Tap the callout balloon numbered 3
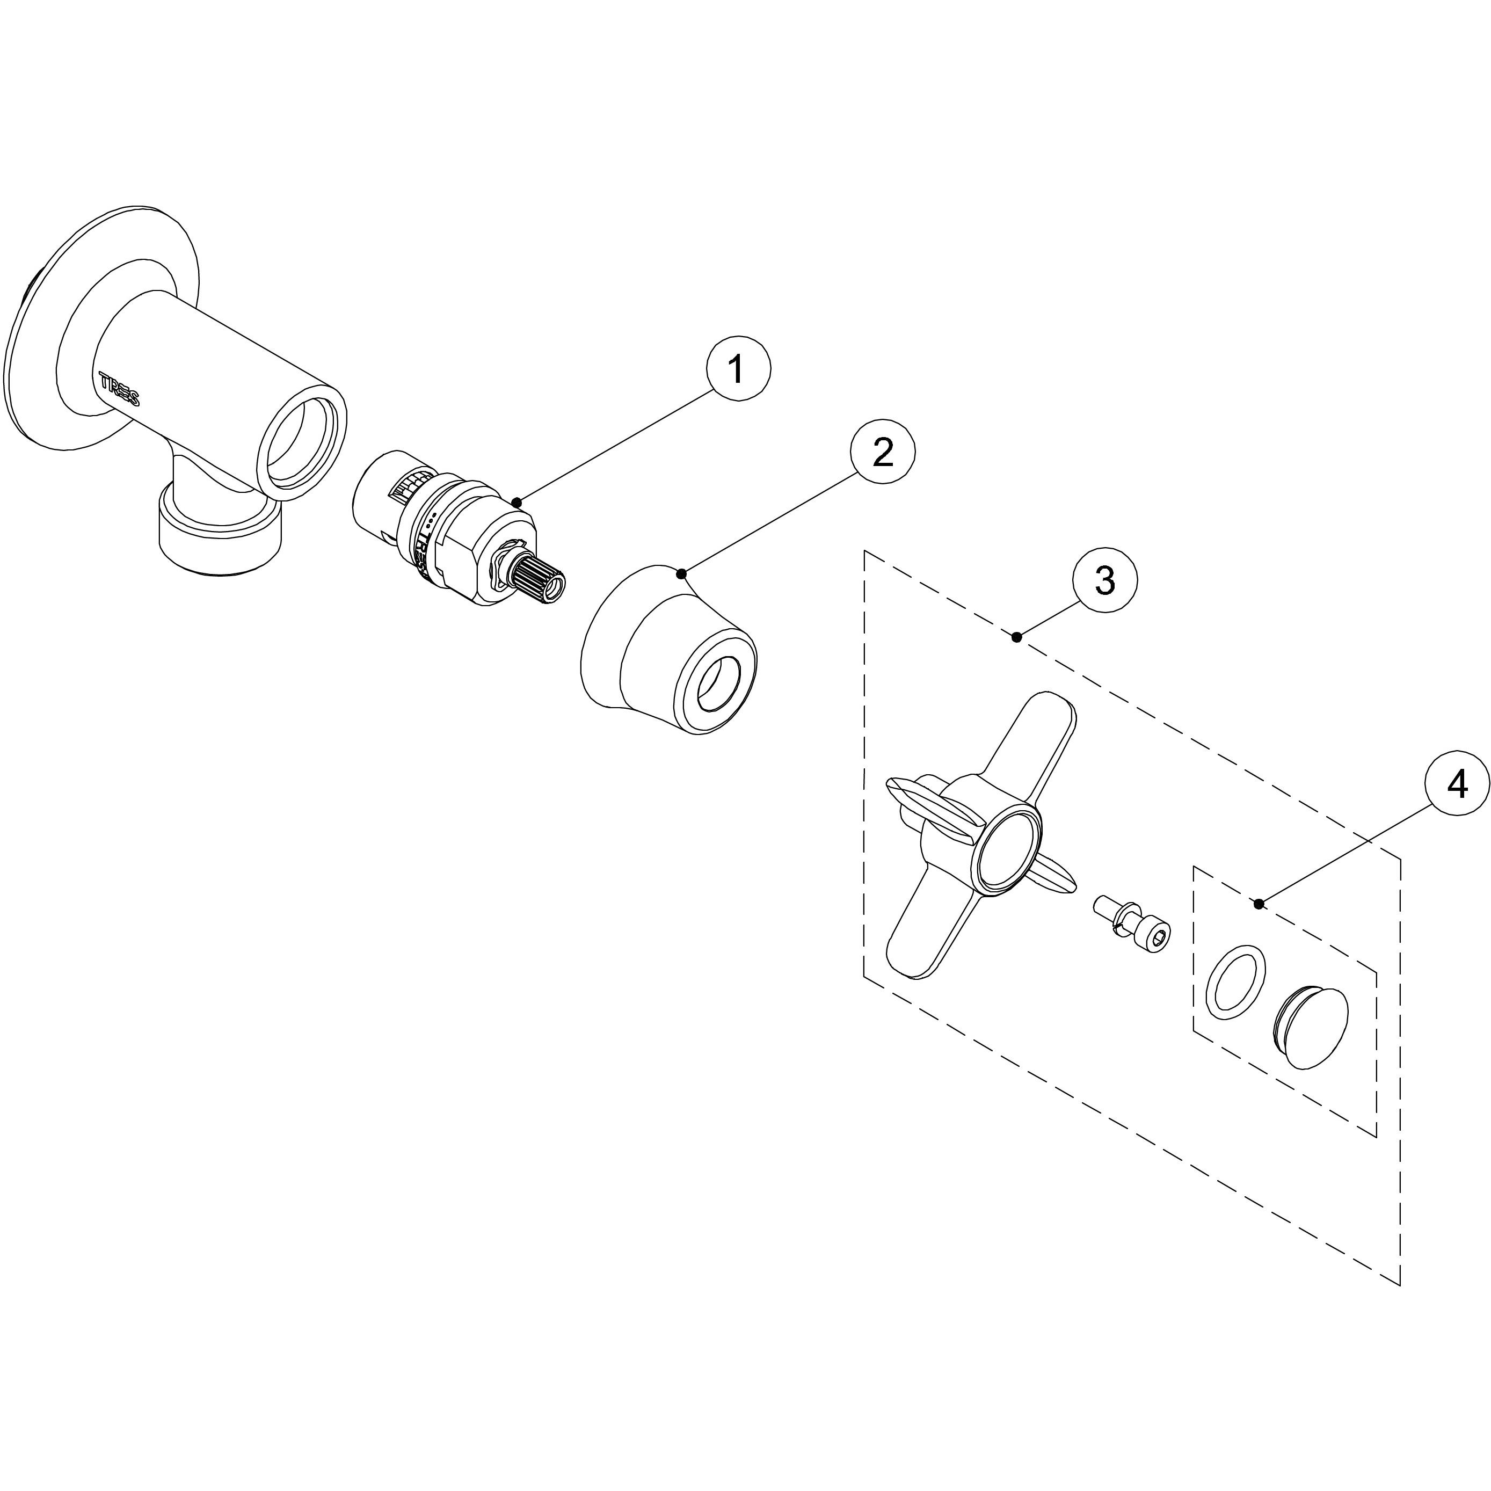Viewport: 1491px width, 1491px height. pos(1105,580)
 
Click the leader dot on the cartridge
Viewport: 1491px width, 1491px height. pos(517,503)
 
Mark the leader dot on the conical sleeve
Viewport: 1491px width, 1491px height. pos(681,573)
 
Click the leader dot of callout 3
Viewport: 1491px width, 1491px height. pos(1017,637)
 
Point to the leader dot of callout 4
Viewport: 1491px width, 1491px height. pos(1259,904)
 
